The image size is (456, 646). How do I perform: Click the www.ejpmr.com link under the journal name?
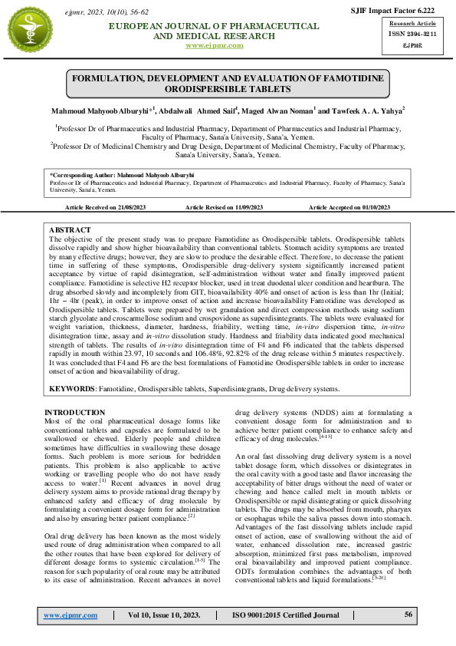click(x=215, y=45)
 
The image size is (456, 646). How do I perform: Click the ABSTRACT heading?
click(x=70, y=230)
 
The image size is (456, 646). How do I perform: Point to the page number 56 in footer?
click(x=409, y=615)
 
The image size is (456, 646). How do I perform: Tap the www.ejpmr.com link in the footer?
click(x=71, y=616)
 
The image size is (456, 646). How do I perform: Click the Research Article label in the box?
click(x=415, y=24)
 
